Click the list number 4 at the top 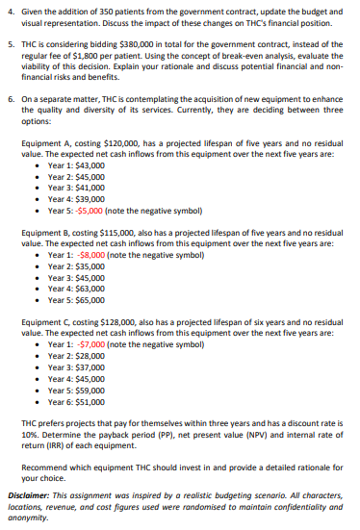pos(9,9)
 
